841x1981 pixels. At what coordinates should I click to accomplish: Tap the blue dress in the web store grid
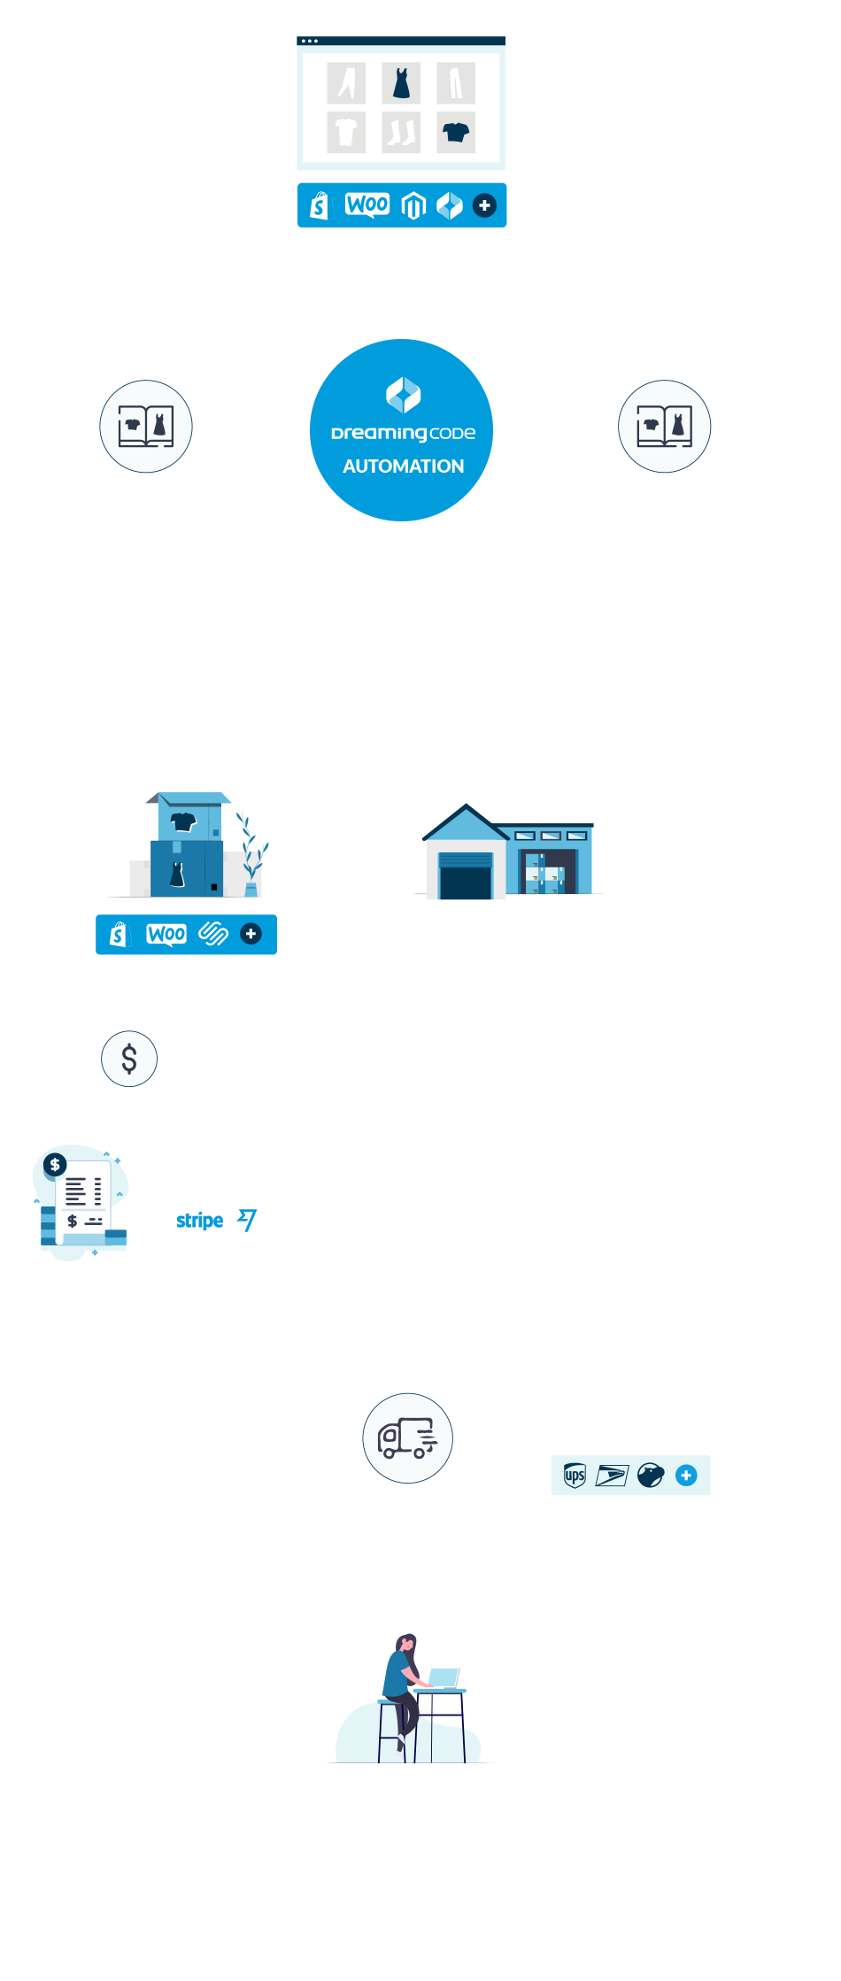point(401,82)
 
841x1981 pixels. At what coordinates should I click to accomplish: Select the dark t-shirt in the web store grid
point(456,133)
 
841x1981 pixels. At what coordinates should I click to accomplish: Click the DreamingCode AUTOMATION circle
point(402,431)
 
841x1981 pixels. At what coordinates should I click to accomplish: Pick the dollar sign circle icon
point(129,1059)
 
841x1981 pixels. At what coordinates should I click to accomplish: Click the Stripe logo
point(199,1221)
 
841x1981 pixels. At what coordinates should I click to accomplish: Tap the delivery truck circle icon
point(407,1438)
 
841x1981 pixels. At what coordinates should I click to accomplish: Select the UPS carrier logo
point(575,1476)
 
